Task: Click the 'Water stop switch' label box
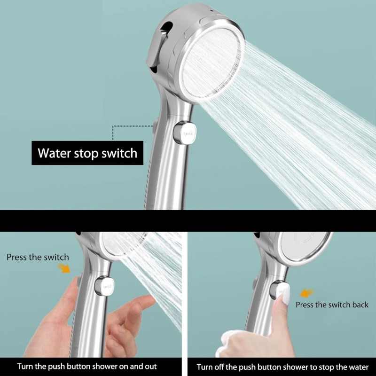[x=87, y=153]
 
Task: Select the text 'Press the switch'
[x=38, y=257]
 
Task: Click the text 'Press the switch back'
[x=332, y=305]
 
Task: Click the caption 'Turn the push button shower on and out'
[x=87, y=366]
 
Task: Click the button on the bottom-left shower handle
[x=102, y=285]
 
